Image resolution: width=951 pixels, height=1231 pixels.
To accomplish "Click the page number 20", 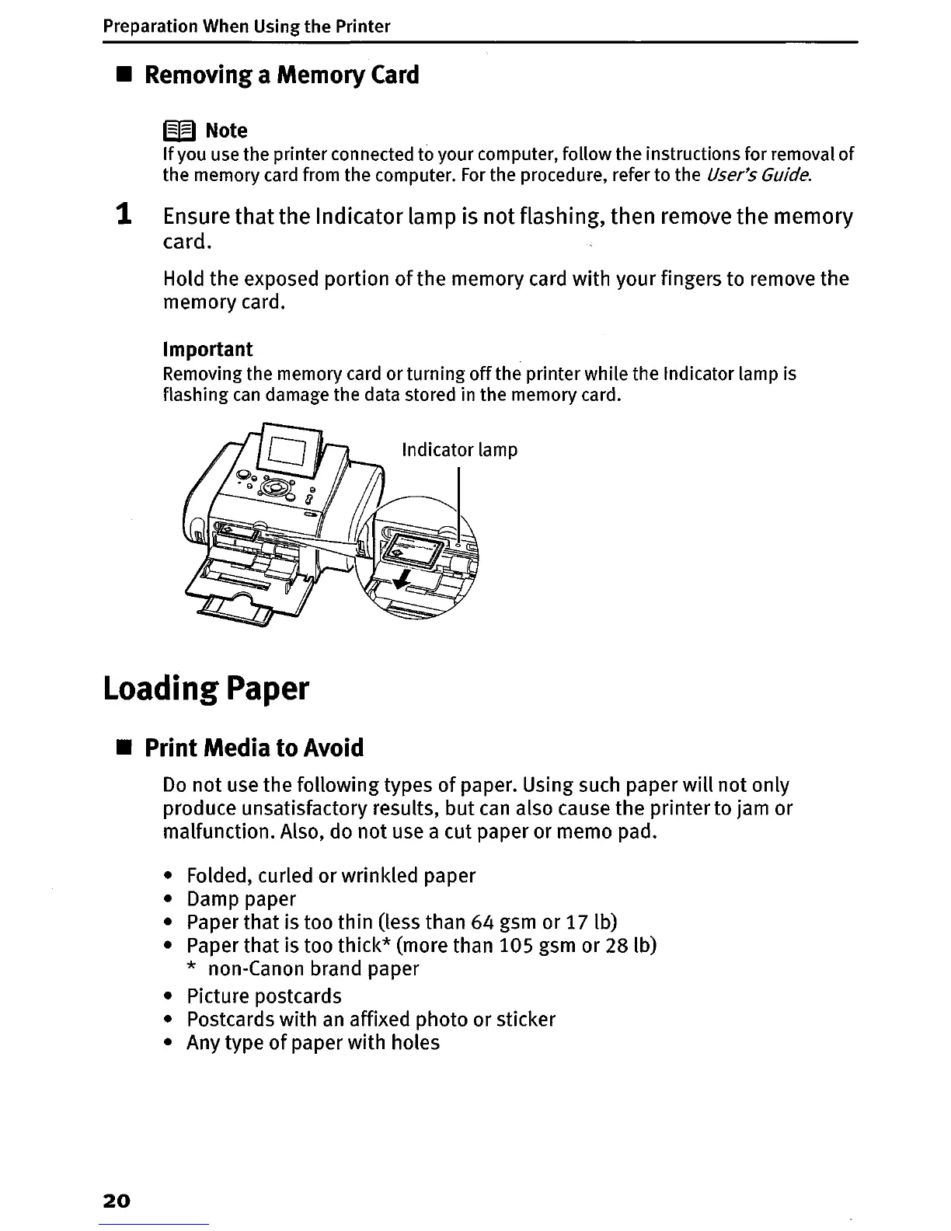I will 117,1200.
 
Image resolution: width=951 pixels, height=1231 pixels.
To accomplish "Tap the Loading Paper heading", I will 206,689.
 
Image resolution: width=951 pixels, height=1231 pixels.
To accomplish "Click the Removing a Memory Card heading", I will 282,75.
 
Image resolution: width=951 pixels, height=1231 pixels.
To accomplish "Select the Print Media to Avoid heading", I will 254,748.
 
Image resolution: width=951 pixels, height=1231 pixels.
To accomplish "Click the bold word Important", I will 208,349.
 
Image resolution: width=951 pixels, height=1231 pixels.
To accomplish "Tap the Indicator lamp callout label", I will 459,450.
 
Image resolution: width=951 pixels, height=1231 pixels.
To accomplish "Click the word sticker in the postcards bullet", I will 526,1019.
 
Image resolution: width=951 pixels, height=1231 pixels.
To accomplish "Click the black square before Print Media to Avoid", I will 121,748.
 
